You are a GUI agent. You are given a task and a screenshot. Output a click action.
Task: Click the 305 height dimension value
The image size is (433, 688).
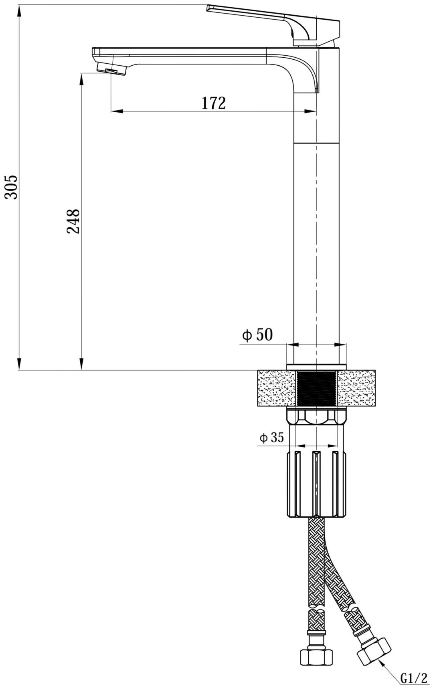tap(12, 187)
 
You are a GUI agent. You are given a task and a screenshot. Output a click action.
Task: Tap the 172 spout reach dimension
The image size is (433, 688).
tap(213, 103)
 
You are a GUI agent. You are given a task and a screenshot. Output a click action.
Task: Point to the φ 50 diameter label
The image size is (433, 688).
tap(257, 335)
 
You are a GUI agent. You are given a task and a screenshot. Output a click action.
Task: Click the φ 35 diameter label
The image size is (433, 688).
tap(271, 438)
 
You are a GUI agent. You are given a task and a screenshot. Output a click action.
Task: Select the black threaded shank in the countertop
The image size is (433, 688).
tap(317, 388)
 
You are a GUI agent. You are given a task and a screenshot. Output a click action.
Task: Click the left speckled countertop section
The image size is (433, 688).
tap(277, 388)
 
